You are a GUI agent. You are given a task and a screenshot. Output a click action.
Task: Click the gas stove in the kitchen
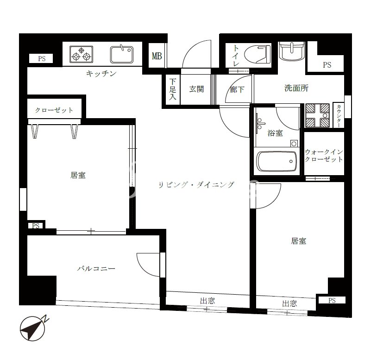click(81, 54)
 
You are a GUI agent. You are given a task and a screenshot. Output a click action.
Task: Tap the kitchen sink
click(122, 54)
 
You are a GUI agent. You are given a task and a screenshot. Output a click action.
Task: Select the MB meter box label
click(157, 56)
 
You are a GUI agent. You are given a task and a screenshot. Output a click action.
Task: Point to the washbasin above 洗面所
click(292, 51)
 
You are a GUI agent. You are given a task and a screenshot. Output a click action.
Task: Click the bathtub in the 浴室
click(276, 161)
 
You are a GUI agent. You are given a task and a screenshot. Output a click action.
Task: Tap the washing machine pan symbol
click(317, 115)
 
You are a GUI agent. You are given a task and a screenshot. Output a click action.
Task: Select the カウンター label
click(339, 116)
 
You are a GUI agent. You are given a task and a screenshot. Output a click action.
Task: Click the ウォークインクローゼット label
click(324, 156)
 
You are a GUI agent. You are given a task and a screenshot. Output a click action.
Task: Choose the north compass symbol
click(33, 328)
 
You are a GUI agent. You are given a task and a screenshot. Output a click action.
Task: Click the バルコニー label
click(96, 268)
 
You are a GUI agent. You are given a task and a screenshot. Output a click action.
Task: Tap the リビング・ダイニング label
click(196, 184)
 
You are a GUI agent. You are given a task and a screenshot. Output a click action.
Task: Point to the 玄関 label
click(196, 89)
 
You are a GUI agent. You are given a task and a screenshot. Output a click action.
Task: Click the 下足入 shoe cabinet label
click(173, 89)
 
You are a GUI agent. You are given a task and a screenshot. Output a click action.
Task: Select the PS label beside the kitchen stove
click(42, 59)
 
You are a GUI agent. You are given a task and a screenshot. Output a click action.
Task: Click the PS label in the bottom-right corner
click(332, 300)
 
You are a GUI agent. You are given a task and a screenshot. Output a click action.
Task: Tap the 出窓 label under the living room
click(207, 301)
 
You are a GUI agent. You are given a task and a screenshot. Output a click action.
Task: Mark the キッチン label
click(101, 73)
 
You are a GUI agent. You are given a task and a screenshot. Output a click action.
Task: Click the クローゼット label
click(54, 110)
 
